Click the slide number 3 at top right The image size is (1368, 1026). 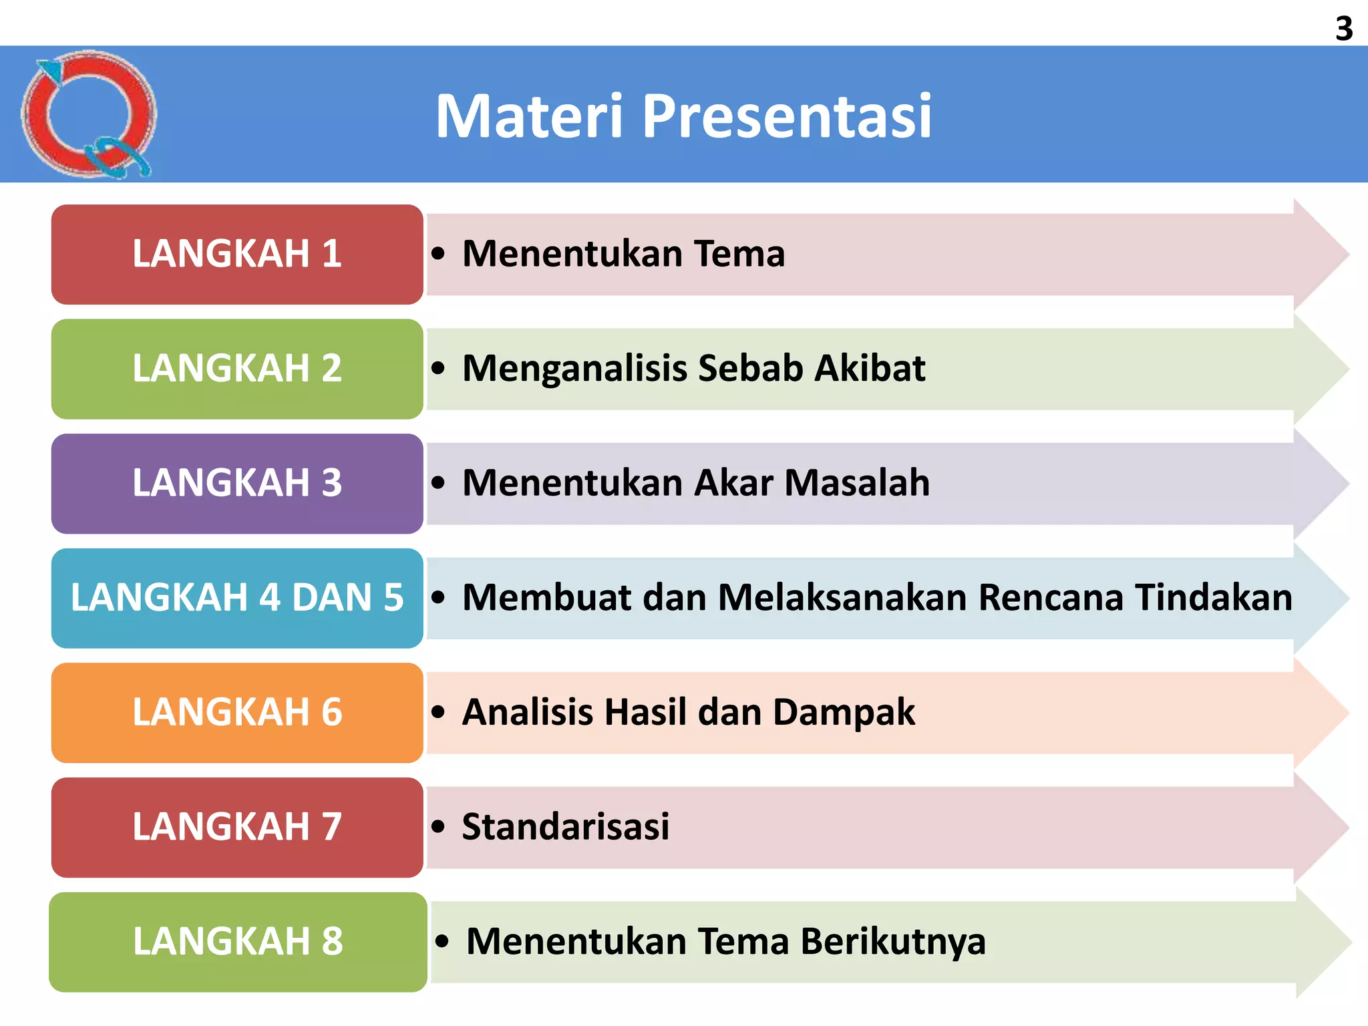(x=1344, y=29)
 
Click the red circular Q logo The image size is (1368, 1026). (x=88, y=114)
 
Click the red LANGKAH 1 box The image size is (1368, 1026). (x=237, y=254)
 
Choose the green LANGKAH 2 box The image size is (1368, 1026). (x=237, y=369)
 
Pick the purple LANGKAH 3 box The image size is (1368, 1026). (x=237, y=484)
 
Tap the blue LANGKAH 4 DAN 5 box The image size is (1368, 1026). (x=237, y=598)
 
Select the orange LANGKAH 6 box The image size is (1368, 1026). (x=237, y=713)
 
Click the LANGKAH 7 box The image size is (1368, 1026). (x=237, y=827)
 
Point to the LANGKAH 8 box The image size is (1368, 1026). (x=237, y=942)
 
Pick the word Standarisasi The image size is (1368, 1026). (x=565, y=827)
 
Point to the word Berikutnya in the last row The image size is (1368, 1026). (x=893, y=942)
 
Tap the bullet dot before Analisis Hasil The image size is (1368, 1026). (x=438, y=712)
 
